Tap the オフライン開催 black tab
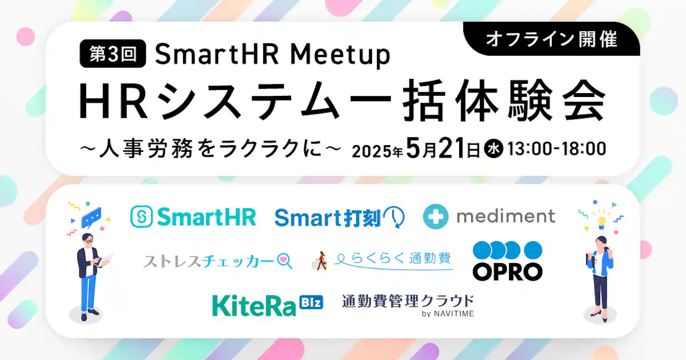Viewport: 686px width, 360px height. click(x=552, y=39)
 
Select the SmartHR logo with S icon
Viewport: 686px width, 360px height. click(x=193, y=217)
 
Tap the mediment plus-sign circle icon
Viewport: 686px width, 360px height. click(x=436, y=217)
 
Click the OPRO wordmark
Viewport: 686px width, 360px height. click(x=507, y=271)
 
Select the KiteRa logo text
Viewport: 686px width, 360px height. click(x=254, y=305)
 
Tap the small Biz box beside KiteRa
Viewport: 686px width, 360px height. click(x=311, y=302)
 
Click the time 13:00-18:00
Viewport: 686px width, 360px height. click(x=557, y=149)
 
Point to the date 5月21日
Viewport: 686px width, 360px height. click(x=443, y=148)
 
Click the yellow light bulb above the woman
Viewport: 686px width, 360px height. click(x=602, y=219)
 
